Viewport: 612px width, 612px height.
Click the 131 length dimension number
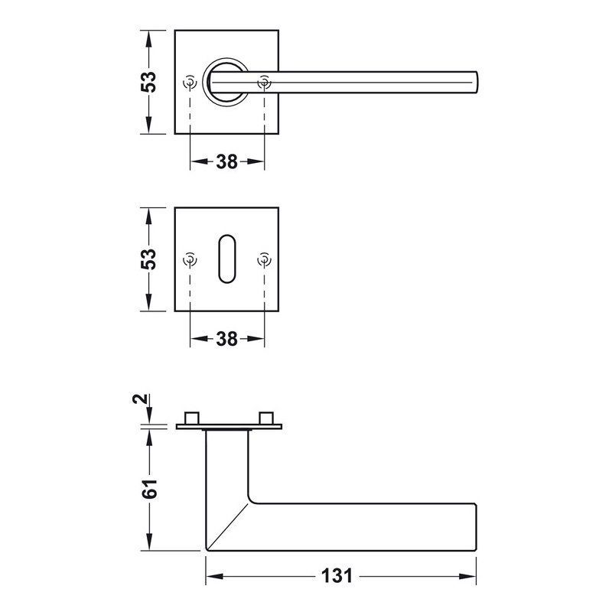click(337, 576)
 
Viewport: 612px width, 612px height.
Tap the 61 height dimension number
click(149, 488)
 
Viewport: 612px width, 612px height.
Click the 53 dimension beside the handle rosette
click(148, 82)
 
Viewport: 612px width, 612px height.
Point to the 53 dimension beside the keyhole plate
click(148, 259)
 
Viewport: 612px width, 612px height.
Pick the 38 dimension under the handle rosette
click(226, 161)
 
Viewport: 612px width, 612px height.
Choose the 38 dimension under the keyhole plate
click(226, 339)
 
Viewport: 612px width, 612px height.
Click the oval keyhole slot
click(226, 259)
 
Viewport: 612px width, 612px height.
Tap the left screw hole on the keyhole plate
click(190, 259)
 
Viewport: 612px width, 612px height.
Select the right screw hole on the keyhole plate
click(264, 259)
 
